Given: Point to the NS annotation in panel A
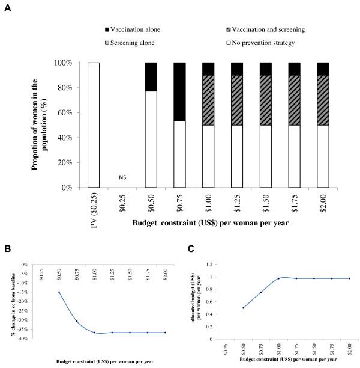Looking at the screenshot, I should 122,178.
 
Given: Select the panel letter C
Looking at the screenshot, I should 190,247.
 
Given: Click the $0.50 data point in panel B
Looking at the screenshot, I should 59,292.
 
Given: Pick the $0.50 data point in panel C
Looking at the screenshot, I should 244,308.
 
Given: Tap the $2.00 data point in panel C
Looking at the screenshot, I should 349,278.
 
